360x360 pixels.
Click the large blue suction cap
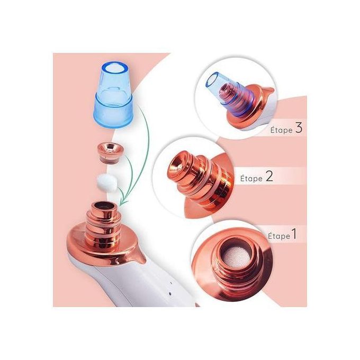click(113, 95)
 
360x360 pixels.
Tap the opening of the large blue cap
click(114, 68)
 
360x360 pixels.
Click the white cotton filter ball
click(107, 182)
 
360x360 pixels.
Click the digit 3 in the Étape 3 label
click(299, 128)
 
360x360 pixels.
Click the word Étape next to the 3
click(282, 130)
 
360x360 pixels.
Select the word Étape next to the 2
click(251, 178)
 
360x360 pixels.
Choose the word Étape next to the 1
click(279, 236)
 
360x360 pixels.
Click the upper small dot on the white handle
click(170, 283)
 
